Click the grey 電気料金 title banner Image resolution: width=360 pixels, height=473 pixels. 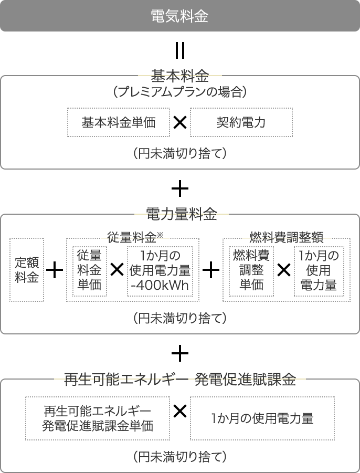click(x=180, y=16)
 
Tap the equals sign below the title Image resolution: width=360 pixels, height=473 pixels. click(x=180, y=51)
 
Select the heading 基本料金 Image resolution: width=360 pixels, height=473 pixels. click(x=180, y=76)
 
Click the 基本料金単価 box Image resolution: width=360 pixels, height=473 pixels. click(x=119, y=122)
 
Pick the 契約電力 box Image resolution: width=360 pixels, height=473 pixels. click(x=241, y=122)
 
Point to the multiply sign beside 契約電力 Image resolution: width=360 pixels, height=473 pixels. click(x=180, y=122)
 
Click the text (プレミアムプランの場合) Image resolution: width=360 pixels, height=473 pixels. click(x=180, y=91)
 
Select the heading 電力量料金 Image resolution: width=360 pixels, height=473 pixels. click(x=181, y=214)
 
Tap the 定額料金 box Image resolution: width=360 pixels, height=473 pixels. click(x=27, y=270)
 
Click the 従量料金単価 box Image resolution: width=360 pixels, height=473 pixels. click(x=90, y=271)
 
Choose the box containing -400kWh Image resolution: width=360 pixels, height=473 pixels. click(x=160, y=271)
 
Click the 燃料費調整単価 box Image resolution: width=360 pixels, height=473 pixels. click(x=251, y=271)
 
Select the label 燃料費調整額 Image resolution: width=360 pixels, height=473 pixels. click(x=287, y=237)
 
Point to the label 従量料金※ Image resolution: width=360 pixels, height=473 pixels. click(x=135, y=237)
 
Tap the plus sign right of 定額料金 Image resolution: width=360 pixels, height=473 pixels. click(x=55, y=270)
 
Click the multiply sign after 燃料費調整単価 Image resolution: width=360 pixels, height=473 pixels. click(x=284, y=270)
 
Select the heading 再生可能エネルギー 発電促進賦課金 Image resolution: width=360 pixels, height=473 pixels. click(x=180, y=379)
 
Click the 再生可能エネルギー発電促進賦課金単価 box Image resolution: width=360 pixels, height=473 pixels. click(x=98, y=418)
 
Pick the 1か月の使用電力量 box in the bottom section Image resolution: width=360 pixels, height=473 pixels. click(x=262, y=418)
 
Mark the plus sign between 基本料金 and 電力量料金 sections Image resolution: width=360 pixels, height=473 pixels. click(x=180, y=189)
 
